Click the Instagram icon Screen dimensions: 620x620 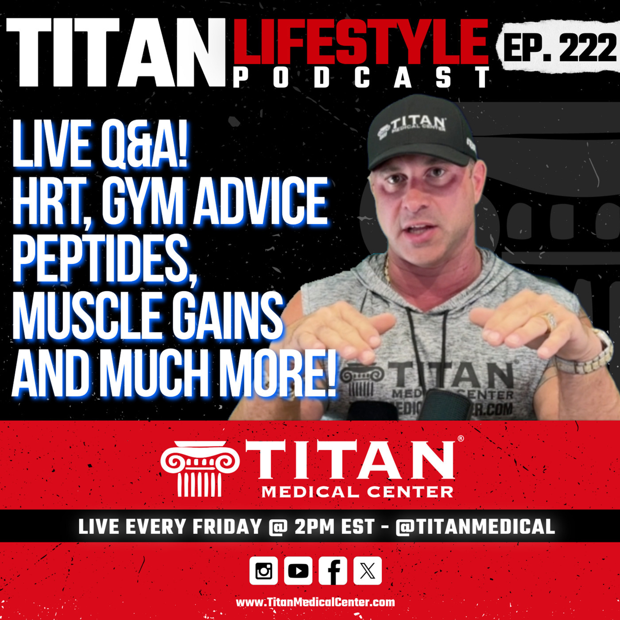click(263, 570)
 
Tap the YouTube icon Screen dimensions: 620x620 click(298, 570)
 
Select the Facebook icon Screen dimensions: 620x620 click(333, 570)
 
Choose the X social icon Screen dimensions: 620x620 click(368, 570)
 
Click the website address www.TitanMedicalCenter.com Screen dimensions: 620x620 click(315, 602)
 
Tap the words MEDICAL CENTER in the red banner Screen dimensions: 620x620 click(357, 492)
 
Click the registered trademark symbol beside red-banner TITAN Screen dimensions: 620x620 click(461, 438)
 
